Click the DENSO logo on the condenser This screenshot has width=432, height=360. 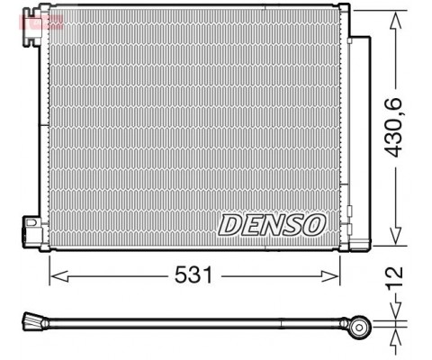click(x=272, y=225)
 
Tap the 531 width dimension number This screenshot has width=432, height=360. click(x=193, y=275)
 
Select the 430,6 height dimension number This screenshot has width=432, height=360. click(x=394, y=128)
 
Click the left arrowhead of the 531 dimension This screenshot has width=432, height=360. click(x=58, y=275)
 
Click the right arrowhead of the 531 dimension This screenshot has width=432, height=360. click(x=330, y=276)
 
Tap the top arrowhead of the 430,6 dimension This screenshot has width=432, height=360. click(x=396, y=20)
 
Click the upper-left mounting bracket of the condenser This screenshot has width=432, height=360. click(x=31, y=26)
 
